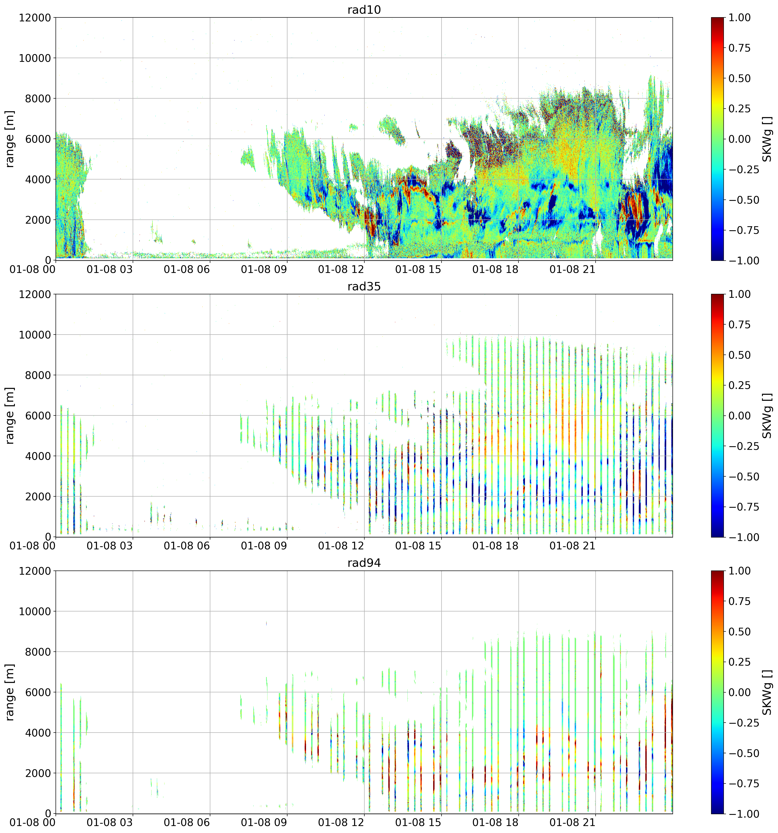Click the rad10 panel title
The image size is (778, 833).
[364, 10]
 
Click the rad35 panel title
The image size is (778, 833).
[364, 287]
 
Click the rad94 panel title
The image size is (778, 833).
[364, 563]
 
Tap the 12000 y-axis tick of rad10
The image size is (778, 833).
[35, 18]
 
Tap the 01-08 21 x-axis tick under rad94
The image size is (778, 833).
[572, 823]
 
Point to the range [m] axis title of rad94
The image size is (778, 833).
[10, 692]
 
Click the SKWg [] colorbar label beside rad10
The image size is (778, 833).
[766, 139]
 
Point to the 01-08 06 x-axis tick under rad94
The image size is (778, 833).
[187, 823]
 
